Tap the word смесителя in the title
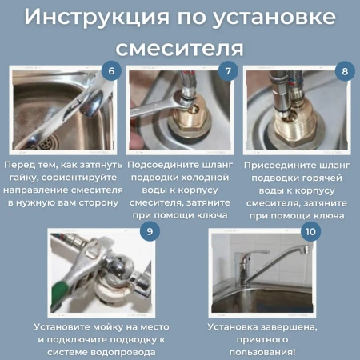click(x=180, y=46)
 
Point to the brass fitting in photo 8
click(x=295, y=128)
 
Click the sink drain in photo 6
click(x=28, y=142)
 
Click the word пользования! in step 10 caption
click(x=262, y=351)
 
